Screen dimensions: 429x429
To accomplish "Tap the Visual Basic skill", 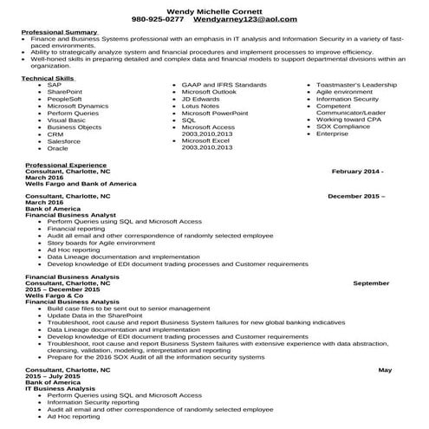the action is [x=66, y=120].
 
